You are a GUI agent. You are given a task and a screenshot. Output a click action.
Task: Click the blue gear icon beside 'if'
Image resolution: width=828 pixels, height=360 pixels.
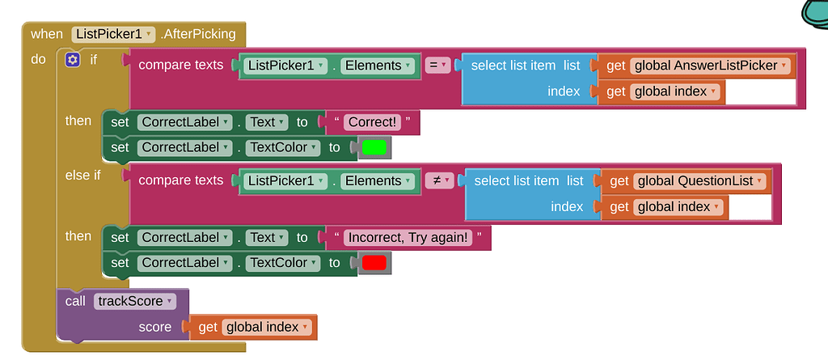[x=73, y=60]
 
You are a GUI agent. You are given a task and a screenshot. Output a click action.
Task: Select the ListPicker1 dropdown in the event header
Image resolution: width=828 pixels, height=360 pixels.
[x=113, y=34]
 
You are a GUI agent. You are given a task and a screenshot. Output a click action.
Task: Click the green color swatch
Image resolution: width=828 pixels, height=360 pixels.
[x=374, y=148]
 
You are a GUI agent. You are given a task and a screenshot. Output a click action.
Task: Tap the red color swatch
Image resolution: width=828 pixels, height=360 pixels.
[x=374, y=263]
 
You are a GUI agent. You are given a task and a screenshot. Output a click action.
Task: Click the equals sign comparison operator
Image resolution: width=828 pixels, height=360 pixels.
[x=437, y=66]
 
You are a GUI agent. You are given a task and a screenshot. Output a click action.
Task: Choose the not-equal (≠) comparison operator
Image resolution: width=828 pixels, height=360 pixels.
[x=438, y=181]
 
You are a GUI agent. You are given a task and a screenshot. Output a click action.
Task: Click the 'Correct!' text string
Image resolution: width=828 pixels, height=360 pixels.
[x=372, y=122]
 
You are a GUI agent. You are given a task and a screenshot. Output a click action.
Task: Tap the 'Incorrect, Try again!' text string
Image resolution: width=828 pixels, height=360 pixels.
[x=408, y=238]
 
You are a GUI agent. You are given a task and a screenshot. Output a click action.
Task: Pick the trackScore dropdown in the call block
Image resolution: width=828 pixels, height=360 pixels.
[x=134, y=302]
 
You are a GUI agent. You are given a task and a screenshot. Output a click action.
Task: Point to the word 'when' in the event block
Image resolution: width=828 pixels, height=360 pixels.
[x=47, y=34]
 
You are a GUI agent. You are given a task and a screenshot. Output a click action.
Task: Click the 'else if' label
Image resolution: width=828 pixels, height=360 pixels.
[x=82, y=175]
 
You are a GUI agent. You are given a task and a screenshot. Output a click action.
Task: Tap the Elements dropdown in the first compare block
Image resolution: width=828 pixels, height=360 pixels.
[x=378, y=66]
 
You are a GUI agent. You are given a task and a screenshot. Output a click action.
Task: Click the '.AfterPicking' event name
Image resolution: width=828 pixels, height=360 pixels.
[x=199, y=34]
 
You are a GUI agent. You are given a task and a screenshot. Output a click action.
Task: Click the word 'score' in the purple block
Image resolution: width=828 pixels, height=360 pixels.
[x=155, y=328]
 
